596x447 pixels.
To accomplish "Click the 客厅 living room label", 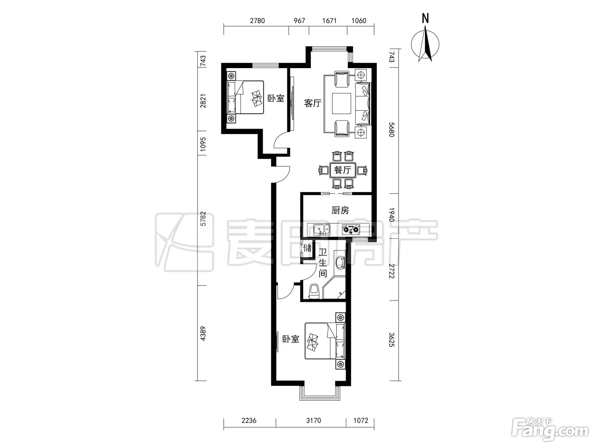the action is pos(312,103).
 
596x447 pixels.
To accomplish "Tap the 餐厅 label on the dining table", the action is pos(343,170).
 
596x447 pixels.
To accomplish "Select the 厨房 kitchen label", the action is pos(340,210).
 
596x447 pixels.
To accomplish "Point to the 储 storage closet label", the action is pos(307,248).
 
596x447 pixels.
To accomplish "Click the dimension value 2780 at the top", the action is pos(257,20).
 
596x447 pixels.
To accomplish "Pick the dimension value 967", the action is pos(299,20).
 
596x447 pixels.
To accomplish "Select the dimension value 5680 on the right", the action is pos(391,129).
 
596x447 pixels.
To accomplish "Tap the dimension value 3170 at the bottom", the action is pos(313,421).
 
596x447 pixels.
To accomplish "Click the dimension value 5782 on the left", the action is pos(203,219).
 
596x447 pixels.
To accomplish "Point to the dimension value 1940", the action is pos(391,215).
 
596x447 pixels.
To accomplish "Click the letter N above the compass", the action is pos(425,18).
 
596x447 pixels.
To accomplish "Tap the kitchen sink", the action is pos(322,230).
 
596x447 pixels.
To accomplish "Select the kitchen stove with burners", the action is pos(350,229).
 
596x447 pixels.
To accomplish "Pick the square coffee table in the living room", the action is pos(341,103).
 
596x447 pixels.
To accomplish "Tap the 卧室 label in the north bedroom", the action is pos(276,98).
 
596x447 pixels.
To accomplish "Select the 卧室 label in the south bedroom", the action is pos(290,339).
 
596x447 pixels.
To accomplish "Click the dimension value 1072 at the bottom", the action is pos(361,421).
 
